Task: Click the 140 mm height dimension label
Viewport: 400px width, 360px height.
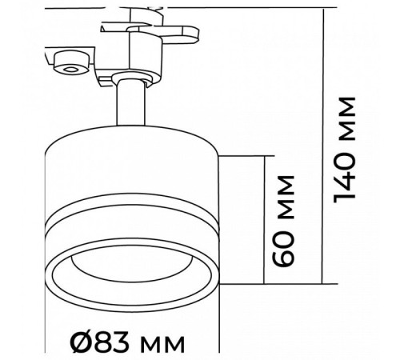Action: coord(344,150)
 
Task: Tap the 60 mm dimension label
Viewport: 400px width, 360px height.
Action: coord(284,221)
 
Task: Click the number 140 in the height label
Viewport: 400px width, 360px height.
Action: coord(344,177)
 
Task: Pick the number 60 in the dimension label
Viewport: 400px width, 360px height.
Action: coord(284,247)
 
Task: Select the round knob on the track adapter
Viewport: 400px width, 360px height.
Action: coord(71,62)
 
